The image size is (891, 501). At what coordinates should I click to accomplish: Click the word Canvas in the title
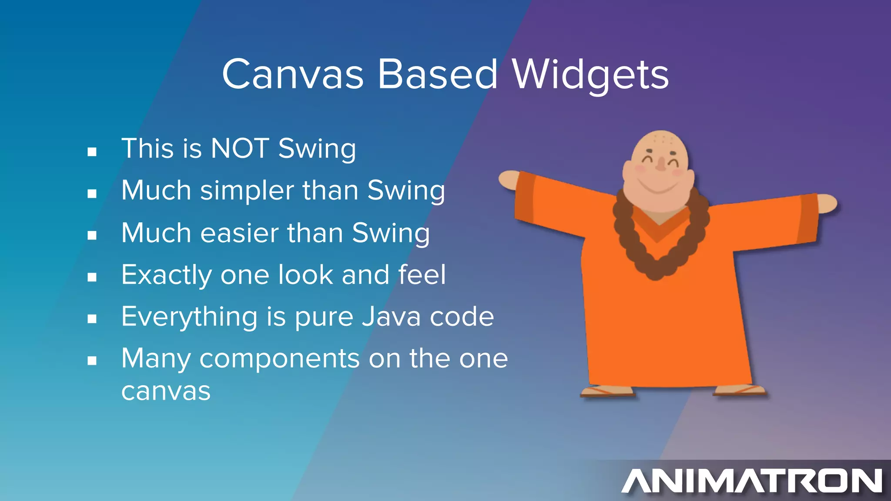coord(292,75)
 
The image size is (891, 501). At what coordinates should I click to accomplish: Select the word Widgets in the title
coord(590,75)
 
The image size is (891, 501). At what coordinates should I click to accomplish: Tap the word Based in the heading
coord(437,75)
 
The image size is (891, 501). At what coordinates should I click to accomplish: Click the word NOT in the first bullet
coord(239,149)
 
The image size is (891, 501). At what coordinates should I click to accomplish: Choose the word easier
coord(239,233)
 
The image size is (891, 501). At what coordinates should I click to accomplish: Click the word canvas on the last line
coord(166,391)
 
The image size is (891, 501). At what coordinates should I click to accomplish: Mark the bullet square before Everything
coord(92,319)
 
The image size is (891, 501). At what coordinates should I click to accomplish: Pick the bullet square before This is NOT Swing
coord(92,152)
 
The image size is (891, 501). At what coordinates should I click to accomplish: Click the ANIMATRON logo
coord(752,481)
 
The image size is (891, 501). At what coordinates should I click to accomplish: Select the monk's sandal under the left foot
coord(607,391)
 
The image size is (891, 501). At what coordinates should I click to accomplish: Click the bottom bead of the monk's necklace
coord(655,273)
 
